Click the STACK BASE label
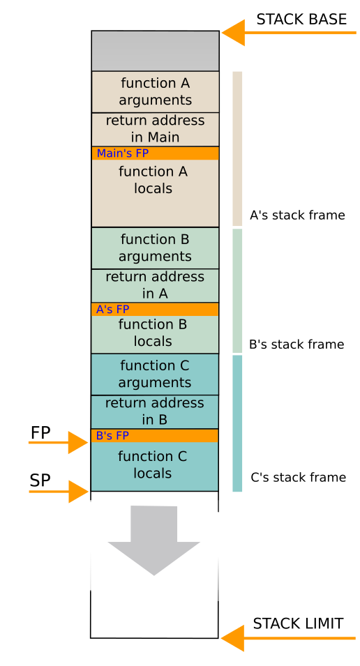tap(301, 20)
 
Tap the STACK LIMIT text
tap(298, 623)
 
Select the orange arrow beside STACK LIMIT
tap(236, 637)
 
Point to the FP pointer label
tap(40, 433)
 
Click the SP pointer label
tap(40, 480)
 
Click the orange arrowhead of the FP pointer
tap(77, 442)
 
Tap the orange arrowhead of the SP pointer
tap(78, 492)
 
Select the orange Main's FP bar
tap(155, 153)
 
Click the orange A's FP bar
tap(155, 309)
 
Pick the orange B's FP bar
tap(155, 436)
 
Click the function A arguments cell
tap(155, 91)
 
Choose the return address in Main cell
tap(155, 129)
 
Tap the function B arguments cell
tap(155, 248)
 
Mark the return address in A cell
tap(155, 285)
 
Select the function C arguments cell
tap(155, 374)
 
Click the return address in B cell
tap(155, 411)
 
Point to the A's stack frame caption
tap(297, 215)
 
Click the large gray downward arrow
tap(153, 540)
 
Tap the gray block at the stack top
tap(155, 51)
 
